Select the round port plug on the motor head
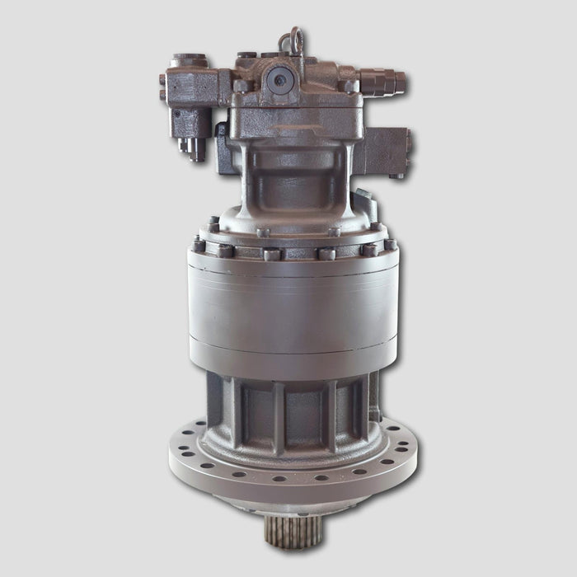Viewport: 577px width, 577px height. pyautogui.click(x=281, y=79)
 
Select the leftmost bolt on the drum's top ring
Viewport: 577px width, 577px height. pyautogui.click(x=199, y=246)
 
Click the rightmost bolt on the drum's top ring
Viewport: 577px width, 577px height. pyautogui.click(x=389, y=245)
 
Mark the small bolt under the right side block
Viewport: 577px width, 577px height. pyautogui.click(x=396, y=176)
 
